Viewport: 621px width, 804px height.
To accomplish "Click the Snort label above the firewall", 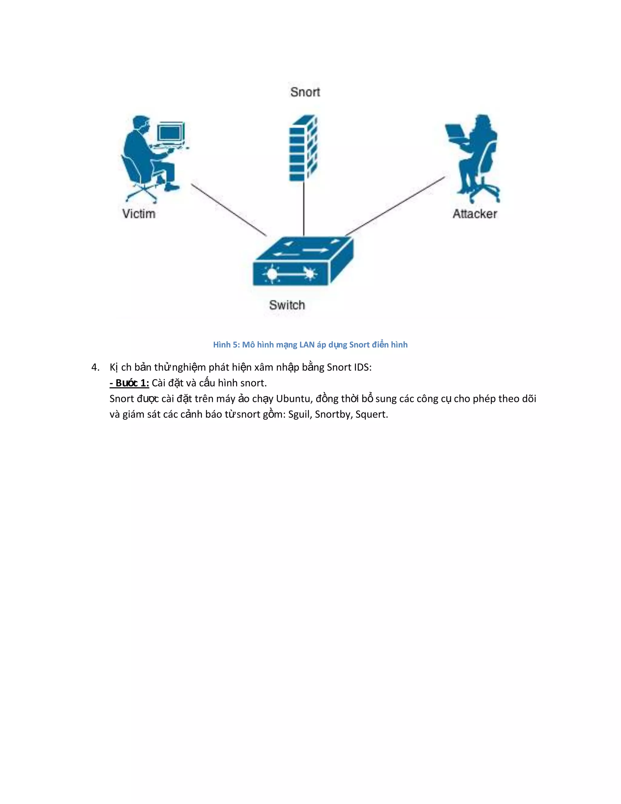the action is click(x=305, y=92).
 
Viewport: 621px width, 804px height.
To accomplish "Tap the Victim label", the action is click(x=139, y=214).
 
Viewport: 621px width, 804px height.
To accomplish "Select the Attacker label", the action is click(x=475, y=214).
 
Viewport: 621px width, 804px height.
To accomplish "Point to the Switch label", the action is click(x=287, y=305).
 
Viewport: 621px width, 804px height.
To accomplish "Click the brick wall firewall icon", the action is click(x=303, y=148).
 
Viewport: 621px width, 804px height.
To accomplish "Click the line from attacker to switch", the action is click(x=395, y=206).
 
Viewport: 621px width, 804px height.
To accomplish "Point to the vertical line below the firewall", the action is click(x=304, y=208).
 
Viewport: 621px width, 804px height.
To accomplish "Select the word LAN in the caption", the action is click(x=307, y=345).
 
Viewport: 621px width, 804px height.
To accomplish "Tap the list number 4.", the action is click(x=95, y=367).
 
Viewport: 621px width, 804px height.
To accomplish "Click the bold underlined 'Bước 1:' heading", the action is click(x=129, y=383).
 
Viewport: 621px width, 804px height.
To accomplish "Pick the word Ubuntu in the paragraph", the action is click(x=293, y=399).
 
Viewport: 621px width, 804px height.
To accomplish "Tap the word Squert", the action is click(x=371, y=415).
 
